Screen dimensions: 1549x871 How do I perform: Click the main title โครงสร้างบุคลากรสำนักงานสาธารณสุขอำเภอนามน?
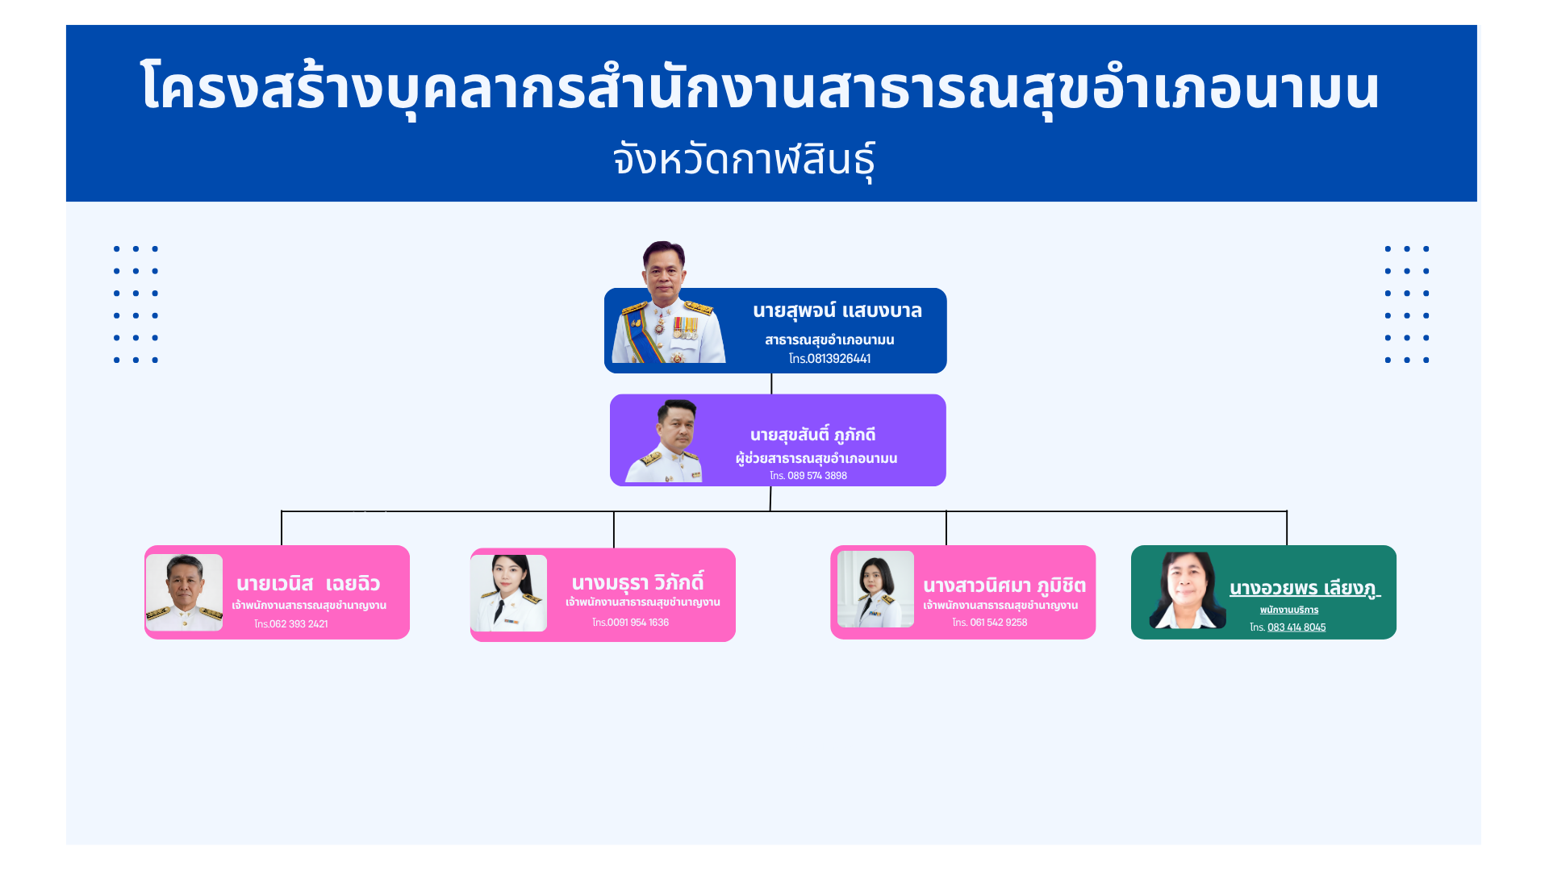[760, 87]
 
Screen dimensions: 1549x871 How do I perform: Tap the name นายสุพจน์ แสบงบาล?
[837, 311]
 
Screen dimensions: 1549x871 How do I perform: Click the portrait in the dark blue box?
[668, 302]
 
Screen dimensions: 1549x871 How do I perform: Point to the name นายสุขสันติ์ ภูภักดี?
[812, 435]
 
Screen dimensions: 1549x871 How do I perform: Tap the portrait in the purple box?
[664, 441]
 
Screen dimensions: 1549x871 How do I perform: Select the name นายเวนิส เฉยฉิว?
[308, 584]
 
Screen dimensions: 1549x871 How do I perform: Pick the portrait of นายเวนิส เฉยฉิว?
[184, 593]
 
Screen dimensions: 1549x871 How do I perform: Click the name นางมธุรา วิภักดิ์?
[637, 582]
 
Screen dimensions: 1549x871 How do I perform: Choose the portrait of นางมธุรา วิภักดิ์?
[508, 593]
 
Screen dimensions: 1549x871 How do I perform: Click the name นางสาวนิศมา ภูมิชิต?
[1004, 586]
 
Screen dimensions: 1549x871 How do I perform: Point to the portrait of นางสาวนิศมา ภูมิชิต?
[875, 589]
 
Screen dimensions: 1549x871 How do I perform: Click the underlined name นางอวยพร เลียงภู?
[1305, 588]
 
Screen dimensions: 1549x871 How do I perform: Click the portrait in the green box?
[1188, 590]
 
